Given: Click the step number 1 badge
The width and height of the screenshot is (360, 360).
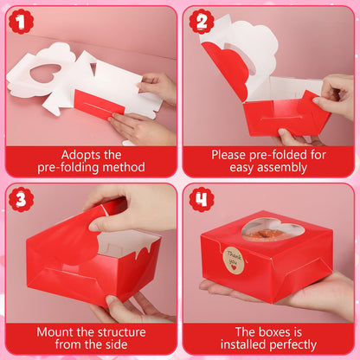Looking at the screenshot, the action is pyautogui.click(x=21, y=22).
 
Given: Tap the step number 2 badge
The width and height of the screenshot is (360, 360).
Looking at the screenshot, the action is pyautogui.click(x=202, y=22).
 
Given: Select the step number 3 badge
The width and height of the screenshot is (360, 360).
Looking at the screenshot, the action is pyautogui.click(x=21, y=199).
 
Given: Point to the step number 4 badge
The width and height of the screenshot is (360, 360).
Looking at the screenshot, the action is pyautogui.click(x=202, y=199).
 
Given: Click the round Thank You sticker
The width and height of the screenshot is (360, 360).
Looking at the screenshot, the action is pyautogui.click(x=234, y=260).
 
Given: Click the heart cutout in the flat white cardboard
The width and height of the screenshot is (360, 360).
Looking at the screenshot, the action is pyautogui.click(x=45, y=73).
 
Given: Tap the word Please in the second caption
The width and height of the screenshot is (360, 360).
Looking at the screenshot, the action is pyautogui.click(x=228, y=155).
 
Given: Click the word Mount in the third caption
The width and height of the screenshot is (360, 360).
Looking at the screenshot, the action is pyautogui.click(x=55, y=332).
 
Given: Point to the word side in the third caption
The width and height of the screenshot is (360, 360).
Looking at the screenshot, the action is pyautogui.click(x=116, y=344).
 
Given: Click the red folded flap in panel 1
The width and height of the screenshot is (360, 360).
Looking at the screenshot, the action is pyautogui.click(x=99, y=104).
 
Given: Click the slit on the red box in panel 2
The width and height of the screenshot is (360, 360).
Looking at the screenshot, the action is pyautogui.click(x=281, y=118).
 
